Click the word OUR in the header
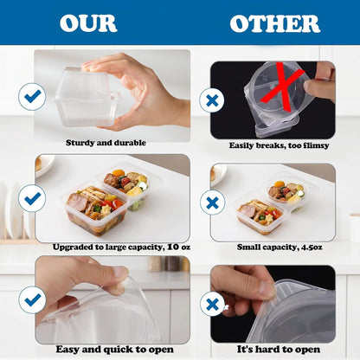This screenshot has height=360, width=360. point(88,23)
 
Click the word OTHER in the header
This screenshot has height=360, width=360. point(275,23)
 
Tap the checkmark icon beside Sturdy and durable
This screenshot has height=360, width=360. point(32,97)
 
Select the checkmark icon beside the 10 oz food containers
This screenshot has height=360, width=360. point(32,198)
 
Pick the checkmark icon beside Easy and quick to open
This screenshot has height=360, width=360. point(32,300)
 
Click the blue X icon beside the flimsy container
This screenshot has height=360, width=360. point(212,100)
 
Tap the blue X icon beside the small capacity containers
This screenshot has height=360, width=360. point(213,202)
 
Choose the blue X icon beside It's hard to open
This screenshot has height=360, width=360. point(213,304)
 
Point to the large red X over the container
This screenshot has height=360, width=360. point(283,87)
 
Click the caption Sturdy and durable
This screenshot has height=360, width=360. point(106,143)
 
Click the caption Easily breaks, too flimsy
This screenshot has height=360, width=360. point(279,145)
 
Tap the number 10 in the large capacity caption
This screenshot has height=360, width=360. point(173,247)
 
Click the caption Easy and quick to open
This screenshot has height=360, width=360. point(115,350)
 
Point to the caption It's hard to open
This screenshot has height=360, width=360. point(279,350)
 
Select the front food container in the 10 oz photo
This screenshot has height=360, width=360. point(96,209)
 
